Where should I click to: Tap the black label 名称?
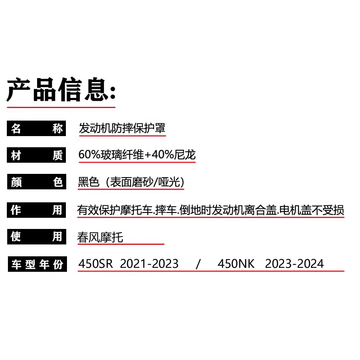pyautogui.click(x=36, y=129)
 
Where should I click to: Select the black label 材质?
pyautogui.click(x=36, y=156)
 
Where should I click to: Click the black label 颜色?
pyautogui.click(x=36, y=182)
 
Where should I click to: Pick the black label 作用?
pyautogui.click(x=36, y=210)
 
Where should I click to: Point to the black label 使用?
pyautogui.click(x=36, y=237)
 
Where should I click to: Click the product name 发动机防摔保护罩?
pyautogui.click(x=122, y=128)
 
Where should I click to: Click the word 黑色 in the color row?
pyautogui.click(x=88, y=182)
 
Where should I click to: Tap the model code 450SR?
pyautogui.click(x=95, y=264)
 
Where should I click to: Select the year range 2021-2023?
pyautogui.click(x=149, y=264)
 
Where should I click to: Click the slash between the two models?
pyautogui.click(x=198, y=264)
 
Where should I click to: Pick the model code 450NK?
pyautogui.click(x=236, y=264)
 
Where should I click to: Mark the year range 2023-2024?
pyautogui.click(x=294, y=264)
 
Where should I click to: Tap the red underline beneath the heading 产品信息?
pyautogui.click(x=61, y=107)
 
